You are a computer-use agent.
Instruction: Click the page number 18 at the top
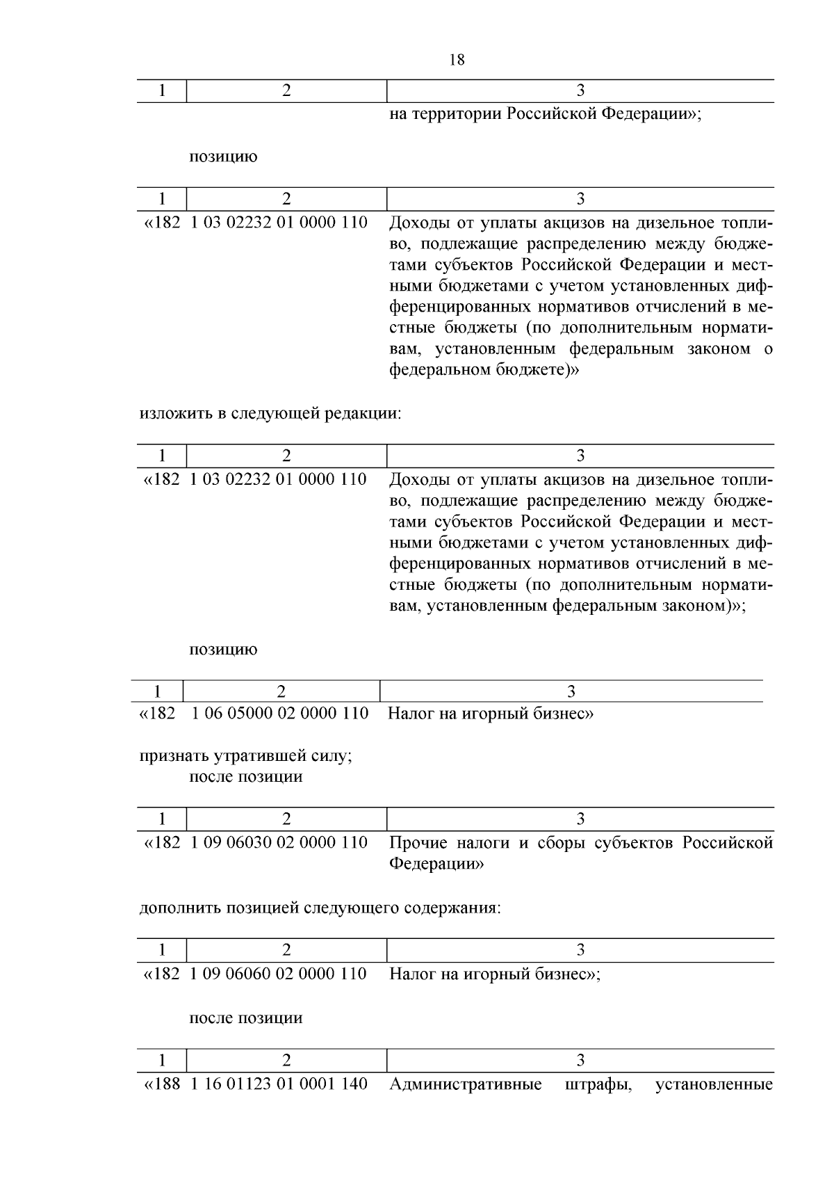(x=457, y=61)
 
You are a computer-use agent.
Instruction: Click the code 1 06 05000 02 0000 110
(x=279, y=714)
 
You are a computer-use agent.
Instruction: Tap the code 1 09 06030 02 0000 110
(x=279, y=843)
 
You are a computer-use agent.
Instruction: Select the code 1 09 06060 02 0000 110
(x=279, y=974)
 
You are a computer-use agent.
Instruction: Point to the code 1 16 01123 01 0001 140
(x=279, y=1084)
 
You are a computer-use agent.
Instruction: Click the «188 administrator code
(x=161, y=1084)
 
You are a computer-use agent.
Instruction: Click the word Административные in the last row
(x=466, y=1084)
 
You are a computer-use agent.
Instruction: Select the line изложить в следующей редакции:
(x=270, y=414)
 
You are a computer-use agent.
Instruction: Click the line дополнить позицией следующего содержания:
(x=320, y=908)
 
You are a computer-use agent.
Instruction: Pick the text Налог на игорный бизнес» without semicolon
(x=490, y=714)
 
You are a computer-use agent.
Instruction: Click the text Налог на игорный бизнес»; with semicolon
(x=494, y=974)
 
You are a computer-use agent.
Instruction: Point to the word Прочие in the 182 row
(x=416, y=843)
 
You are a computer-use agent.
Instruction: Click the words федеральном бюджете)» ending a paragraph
(x=484, y=370)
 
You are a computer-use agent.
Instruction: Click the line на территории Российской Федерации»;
(x=545, y=114)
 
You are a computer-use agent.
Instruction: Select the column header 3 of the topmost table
(x=580, y=90)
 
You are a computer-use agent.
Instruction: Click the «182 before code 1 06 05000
(x=158, y=714)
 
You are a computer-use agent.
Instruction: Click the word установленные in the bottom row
(x=714, y=1084)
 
